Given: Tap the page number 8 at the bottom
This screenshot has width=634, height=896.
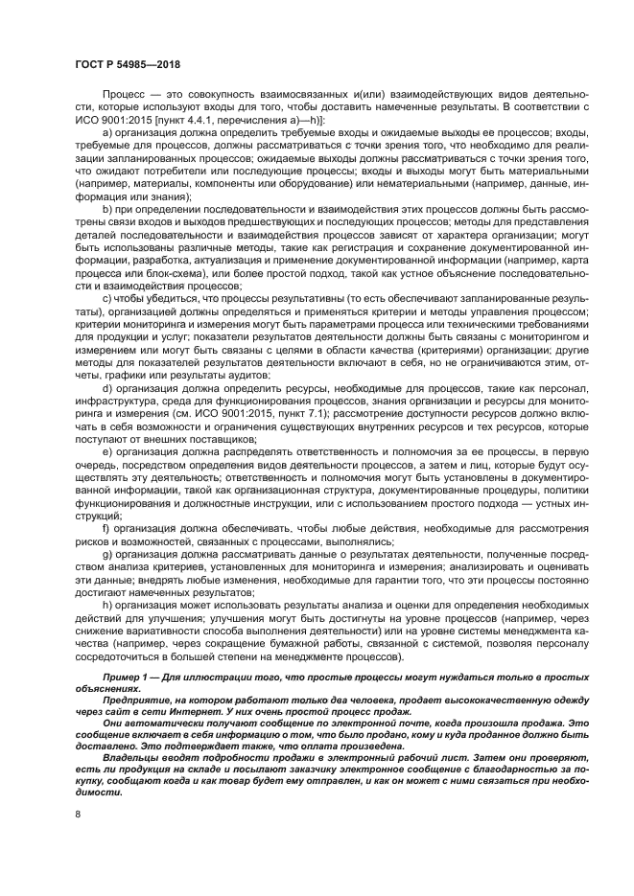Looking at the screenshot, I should [78, 815].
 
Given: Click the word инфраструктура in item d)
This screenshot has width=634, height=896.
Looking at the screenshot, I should [112, 402].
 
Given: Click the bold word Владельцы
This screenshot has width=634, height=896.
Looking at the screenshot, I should [129, 755].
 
